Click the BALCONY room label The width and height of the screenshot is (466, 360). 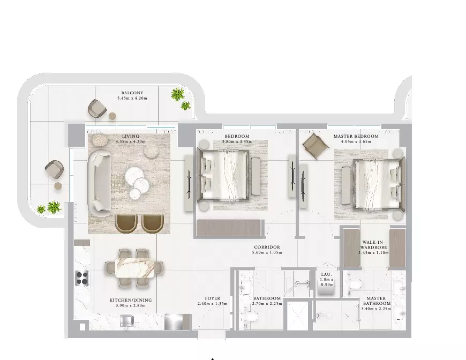132,93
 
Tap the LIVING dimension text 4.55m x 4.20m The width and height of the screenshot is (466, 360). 131,141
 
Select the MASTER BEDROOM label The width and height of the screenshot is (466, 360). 356,136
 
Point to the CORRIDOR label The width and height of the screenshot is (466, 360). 267,247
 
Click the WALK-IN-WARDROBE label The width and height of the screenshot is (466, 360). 374,245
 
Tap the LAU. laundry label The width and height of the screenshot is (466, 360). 326,274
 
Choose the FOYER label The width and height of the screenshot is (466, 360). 213,298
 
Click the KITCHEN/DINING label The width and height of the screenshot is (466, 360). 131,300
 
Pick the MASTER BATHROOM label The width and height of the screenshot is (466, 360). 376,301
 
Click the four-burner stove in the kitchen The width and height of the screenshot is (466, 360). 82,278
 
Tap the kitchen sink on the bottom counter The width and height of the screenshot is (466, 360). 127,321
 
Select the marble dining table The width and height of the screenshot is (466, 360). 134,267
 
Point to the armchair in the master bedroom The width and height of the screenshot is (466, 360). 315,146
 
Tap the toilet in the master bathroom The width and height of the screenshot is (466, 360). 354,284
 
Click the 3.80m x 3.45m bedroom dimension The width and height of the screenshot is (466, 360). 237,141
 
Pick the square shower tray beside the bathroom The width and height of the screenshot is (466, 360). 298,316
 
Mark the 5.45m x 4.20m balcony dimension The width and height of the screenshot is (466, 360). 132,98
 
